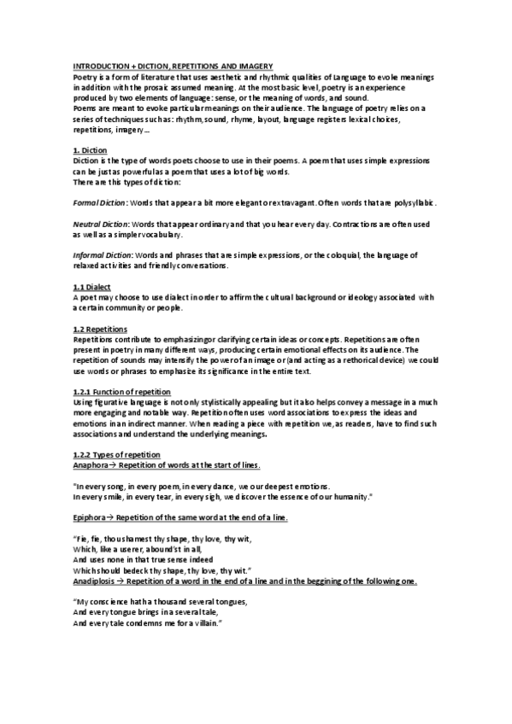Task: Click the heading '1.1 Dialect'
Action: (91, 286)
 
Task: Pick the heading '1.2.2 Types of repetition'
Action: (116, 453)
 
